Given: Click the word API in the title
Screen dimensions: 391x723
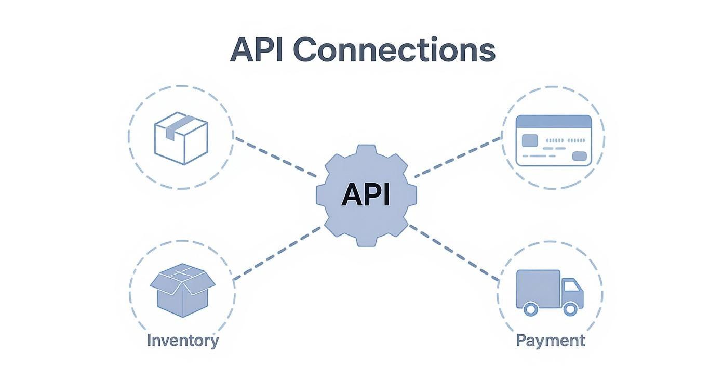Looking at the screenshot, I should [257, 50].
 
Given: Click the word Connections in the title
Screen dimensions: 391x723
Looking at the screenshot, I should [394, 50].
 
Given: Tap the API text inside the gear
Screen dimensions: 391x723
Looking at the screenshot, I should [366, 196].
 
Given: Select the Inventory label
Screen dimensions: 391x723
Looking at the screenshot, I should [182, 341].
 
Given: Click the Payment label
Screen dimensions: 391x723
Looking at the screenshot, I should [550, 341].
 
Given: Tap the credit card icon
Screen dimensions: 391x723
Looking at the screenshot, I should [553, 140].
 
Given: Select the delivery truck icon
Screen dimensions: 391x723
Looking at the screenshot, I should [550, 292].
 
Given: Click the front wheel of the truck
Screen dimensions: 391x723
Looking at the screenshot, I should [570, 309].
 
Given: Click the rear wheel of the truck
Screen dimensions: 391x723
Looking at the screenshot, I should [530, 309].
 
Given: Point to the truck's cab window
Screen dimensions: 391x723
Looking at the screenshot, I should [571, 285].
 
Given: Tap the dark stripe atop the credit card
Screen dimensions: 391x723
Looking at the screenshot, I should [553, 122].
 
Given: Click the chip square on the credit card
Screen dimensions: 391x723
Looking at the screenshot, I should [529, 140].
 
